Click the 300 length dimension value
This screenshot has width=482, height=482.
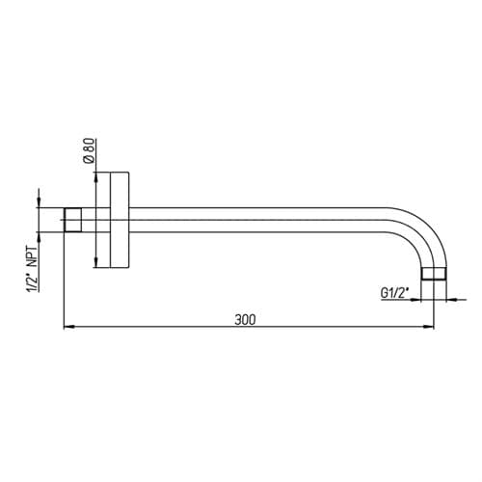[x=245, y=320]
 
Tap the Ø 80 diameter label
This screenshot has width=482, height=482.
[x=89, y=150]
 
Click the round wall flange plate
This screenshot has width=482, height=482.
[x=120, y=220]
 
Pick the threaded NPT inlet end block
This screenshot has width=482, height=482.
[x=72, y=220]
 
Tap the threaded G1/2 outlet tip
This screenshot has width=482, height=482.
[x=434, y=274]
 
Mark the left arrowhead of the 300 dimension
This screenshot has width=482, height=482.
[x=69, y=327]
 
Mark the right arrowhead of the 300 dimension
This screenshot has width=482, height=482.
[x=428, y=327]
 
